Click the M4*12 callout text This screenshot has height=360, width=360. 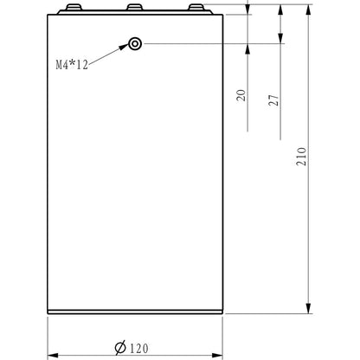[73, 66]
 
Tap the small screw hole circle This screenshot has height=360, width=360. [135, 43]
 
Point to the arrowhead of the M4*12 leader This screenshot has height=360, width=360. [126, 48]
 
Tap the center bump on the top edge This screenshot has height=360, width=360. [135, 8]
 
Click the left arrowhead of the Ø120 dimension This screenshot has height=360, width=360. [50, 353]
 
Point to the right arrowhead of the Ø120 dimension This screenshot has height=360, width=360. [220, 353]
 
